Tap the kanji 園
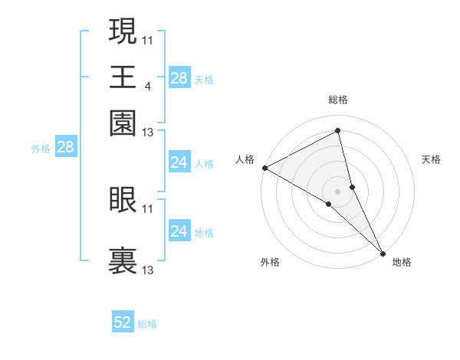pyautogui.click(x=123, y=123)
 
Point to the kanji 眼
pyautogui.click(x=123, y=198)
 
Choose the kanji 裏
pyautogui.click(x=123, y=260)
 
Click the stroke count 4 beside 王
pyautogui.click(x=147, y=86)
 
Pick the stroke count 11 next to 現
pyautogui.click(x=148, y=39)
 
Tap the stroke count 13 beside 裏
pyautogui.click(x=148, y=270)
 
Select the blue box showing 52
pyautogui.click(x=123, y=323)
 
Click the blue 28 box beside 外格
pyautogui.click(x=65, y=147)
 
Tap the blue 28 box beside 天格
pyautogui.click(x=179, y=78)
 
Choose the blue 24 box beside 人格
pyautogui.click(x=179, y=162)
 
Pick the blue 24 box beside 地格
pyautogui.click(x=179, y=231)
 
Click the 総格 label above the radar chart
pyautogui.click(x=338, y=100)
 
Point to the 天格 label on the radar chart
pyautogui.click(x=431, y=159)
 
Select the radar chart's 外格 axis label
pyautogui.click(x=270, y=262)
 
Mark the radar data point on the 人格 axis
pyautogui.click(x=264, y=168)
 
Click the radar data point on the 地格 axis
pyautogui.click(x=383, y=252)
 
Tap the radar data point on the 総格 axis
pyautogui.click(x=338, y=131)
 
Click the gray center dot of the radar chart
pyautogui.click(x=338, y=191)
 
